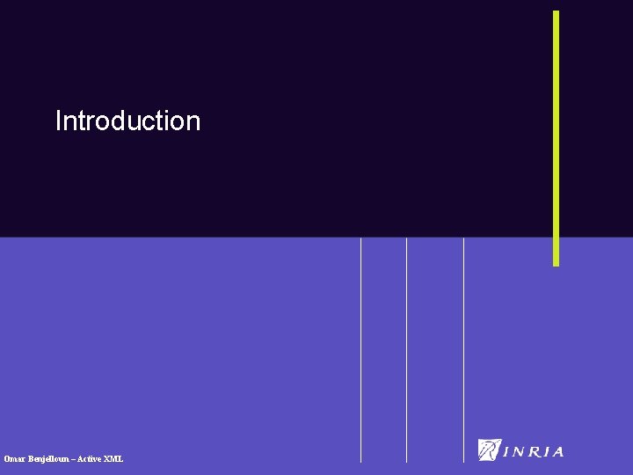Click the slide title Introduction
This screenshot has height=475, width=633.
(127, 121)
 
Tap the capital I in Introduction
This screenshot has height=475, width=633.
(58, 121)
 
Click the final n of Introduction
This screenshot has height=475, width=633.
(193, 121)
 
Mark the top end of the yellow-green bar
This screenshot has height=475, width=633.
(556, 13)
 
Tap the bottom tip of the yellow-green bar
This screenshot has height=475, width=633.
(556, 263)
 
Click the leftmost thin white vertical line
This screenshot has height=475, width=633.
(361, 352)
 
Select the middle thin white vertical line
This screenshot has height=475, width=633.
(407, 352)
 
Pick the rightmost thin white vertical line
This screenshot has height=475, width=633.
(463, 352)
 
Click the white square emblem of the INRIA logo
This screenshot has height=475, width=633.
(489, 449)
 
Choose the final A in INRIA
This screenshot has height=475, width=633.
(557, 452)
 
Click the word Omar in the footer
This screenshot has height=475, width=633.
(15, 459)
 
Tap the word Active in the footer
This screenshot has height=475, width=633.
(91, 459)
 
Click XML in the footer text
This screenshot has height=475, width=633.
(114, 459)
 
